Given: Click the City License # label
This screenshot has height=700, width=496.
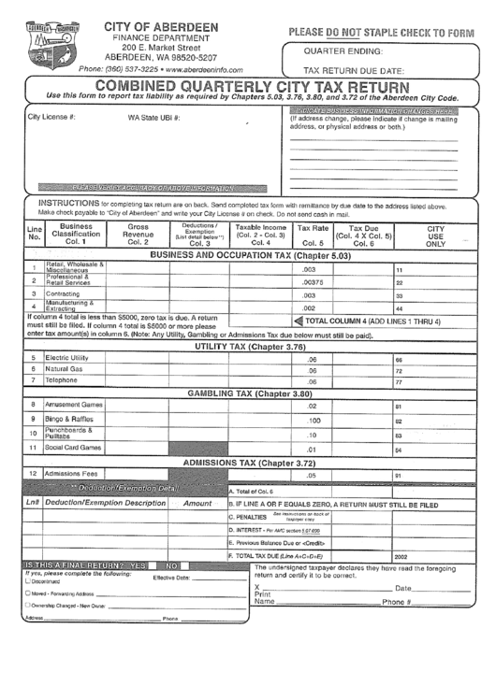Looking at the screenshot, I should pos(51,118).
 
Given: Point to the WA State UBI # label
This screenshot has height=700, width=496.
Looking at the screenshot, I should pos(153,118).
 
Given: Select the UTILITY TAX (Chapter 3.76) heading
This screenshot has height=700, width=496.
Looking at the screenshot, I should pos(250,347).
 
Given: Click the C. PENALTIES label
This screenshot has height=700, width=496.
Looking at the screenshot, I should pos(248,517).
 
